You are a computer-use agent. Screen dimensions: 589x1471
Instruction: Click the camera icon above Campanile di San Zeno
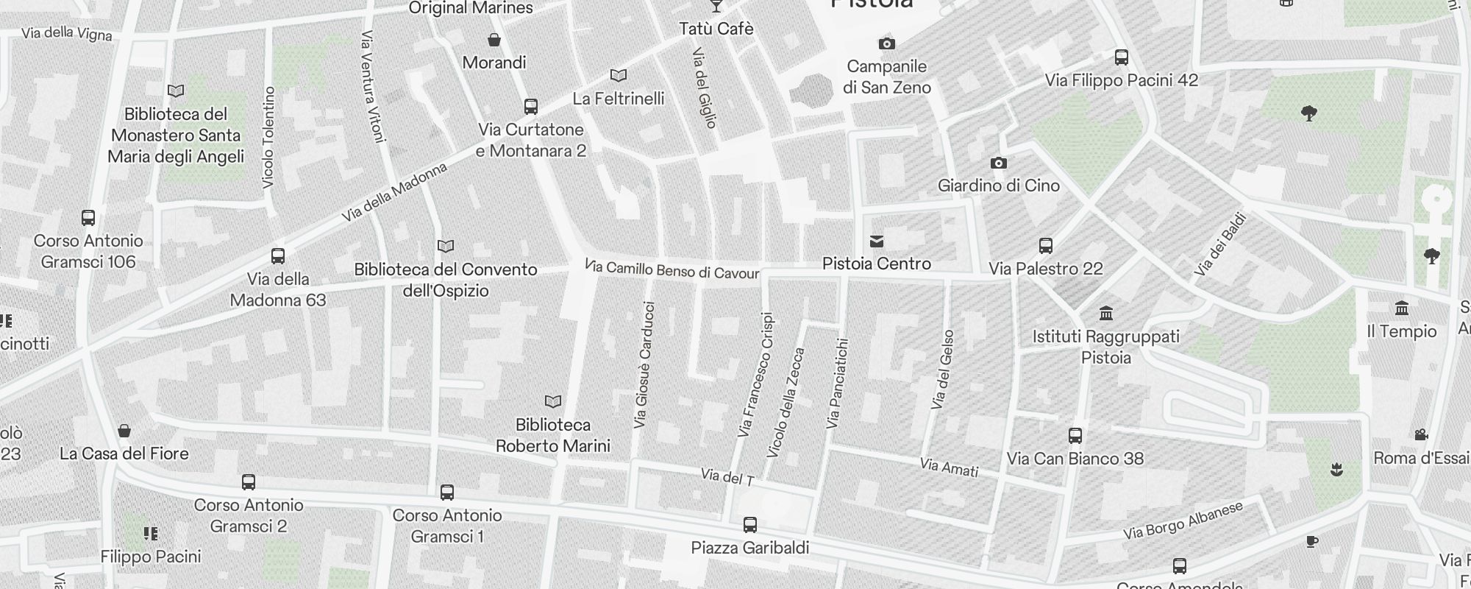coord(887,44)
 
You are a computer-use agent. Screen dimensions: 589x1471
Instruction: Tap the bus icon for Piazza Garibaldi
coord(750,525)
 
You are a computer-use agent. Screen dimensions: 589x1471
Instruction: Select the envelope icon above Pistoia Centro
coord(877,241)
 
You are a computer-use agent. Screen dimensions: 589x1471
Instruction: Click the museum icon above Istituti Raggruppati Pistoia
coord(1105,314)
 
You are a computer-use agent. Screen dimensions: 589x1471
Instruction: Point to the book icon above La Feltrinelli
coord(619,76)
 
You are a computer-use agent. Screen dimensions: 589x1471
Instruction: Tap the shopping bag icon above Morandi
coord(494,40)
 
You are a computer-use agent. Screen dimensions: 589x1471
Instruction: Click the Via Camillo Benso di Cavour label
coord(672,269)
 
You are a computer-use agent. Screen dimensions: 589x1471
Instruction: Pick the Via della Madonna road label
coord(395,192)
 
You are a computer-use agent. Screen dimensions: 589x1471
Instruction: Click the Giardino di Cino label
coord(998,186)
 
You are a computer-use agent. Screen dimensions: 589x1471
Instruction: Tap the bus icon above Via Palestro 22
coord(1046,246)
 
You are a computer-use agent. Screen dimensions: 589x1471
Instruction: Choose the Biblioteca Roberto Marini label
coord(553,435)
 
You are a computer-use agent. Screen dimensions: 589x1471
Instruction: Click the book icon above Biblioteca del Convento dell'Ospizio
coord(446,246)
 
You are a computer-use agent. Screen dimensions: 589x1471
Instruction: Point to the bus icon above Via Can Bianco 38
coord(1075,436)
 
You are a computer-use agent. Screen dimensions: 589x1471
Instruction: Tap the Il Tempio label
coord(1401,331)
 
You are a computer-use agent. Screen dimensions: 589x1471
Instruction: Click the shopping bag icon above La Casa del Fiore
coord(124,431)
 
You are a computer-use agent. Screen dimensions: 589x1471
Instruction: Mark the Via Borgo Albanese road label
coord(1183,521)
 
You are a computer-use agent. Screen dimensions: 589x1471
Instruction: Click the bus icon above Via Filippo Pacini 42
coord(1122,57)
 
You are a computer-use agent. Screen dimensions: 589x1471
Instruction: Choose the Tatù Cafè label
coord(716,29)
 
